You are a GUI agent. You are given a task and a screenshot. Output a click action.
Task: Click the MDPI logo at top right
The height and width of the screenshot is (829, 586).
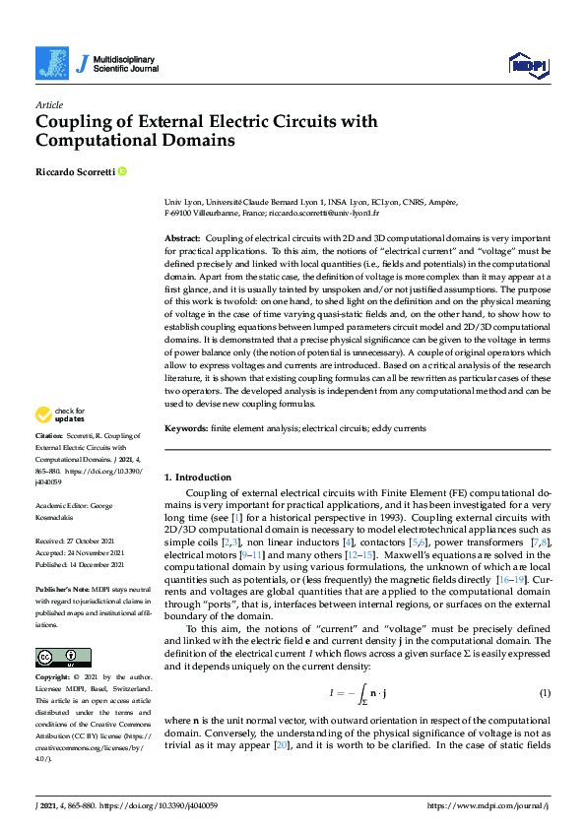point(527,64)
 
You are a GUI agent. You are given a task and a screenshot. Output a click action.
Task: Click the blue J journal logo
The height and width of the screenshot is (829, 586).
point(53,63)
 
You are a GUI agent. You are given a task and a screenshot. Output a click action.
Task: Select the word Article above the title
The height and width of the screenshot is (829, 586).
point(48,104)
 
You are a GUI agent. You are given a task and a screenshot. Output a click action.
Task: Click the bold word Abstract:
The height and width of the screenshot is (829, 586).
point(181,238)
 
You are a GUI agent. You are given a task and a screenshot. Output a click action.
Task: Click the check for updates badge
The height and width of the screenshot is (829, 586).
point(60,414)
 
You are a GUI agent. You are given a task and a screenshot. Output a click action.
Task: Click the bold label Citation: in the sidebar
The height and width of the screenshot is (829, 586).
point(49,434)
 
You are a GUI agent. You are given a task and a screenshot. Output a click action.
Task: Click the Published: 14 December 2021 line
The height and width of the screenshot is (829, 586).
point(82,565)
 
